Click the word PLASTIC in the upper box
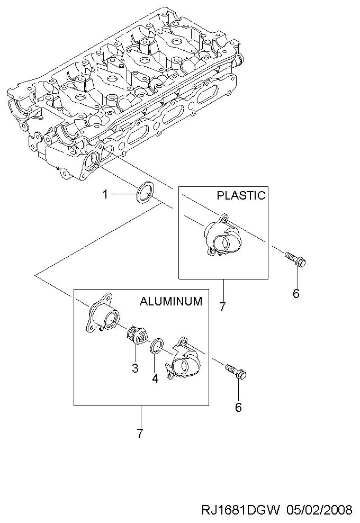(x=241, y=195)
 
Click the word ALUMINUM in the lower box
(x=171, y=301)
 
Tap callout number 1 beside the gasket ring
(x=105, y=194)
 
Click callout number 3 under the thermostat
(x=135, y=368)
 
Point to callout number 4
(x=155, y=378)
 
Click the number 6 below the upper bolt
(x=296, y=293)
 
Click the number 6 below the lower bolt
(x=238, y=407)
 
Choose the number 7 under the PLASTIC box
(x=223, y=306)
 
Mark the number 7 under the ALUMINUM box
(x=140, y=433)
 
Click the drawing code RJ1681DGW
(x=240, y=510)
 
